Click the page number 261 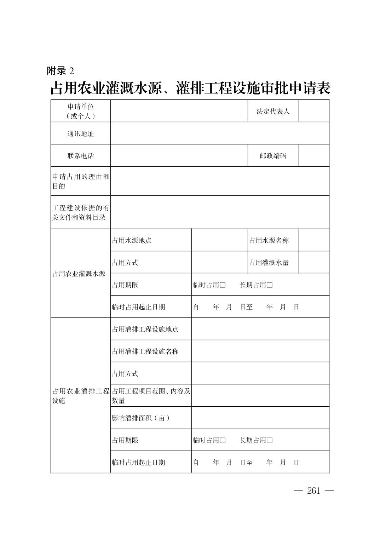tap(313, 491)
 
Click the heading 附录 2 tap(61, 71)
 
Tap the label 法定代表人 tap(273, 111)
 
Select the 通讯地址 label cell tap(81, 133)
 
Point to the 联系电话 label tap(81, 156)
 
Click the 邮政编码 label tap(273, 156)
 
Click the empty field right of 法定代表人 tap(314, 111)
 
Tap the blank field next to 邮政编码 tap(314, 156)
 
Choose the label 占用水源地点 tap(132, 241)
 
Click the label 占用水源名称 tap(269, 241)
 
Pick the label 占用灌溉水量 tap(269, 263)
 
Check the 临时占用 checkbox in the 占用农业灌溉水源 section tap(223, 285)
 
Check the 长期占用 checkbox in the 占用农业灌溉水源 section tap(270, 285)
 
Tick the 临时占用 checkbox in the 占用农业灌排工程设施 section tap(223, 440)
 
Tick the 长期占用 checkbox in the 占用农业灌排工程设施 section tap(270, 440)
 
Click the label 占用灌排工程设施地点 tap(145, 329)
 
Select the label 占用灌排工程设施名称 tap(145, 351)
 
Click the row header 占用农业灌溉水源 tap(79, 274)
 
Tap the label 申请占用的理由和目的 tap(81, 181)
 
